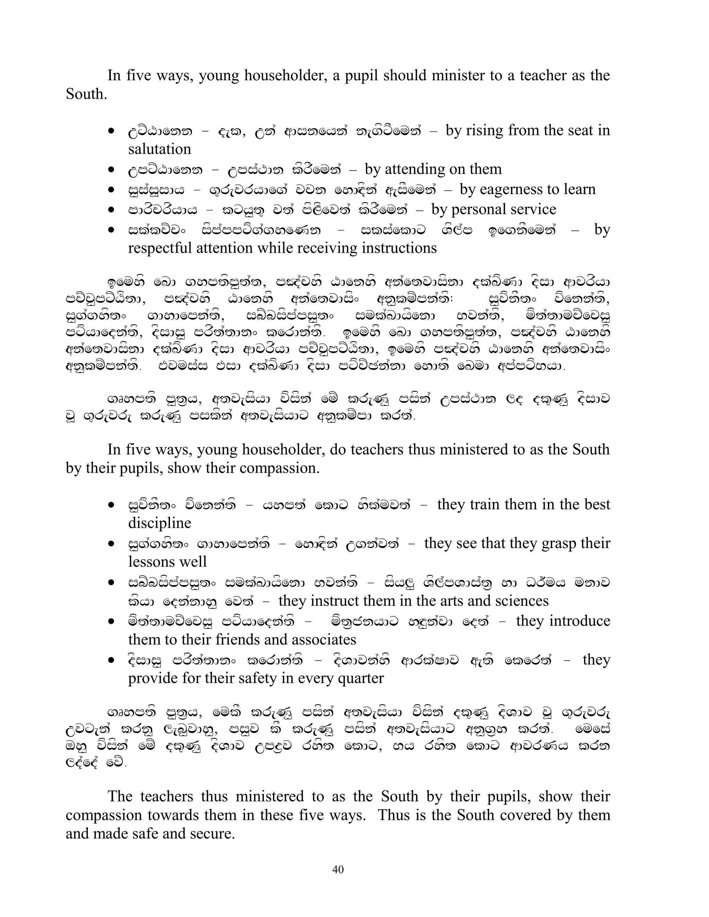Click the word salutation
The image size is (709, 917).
(160, 149)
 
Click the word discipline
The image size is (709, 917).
(160, 523)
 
